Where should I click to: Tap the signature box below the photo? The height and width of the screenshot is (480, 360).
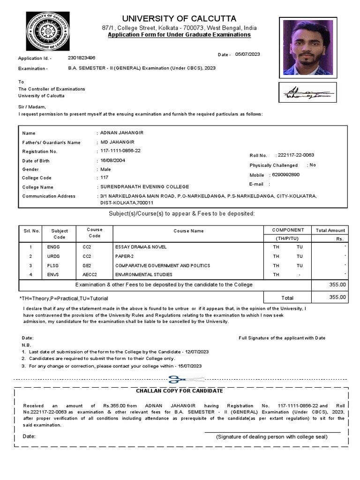[x=307, y=92]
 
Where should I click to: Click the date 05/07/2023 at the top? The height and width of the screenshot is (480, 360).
[x=247, y=54]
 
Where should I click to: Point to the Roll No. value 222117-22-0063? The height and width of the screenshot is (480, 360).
[x=296, y=155]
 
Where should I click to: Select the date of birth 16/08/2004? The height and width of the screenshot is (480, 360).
[x=113, y=160]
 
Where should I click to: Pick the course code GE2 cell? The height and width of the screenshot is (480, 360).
[x=87, y=265]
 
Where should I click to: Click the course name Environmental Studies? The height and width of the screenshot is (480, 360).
[x=144, y=275]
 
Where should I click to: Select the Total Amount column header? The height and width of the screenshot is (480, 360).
[x=330, y=231]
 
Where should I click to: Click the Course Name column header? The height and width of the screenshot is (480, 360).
[x=188, y=231]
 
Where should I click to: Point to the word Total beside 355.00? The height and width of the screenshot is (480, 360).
[x=287, y=298]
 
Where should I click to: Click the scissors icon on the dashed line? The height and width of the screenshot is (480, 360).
[x=173, y=379]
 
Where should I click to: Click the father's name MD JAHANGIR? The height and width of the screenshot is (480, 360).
[x=117, y=142]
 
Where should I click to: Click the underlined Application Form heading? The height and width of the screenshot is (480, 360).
[x=179, y=35]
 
